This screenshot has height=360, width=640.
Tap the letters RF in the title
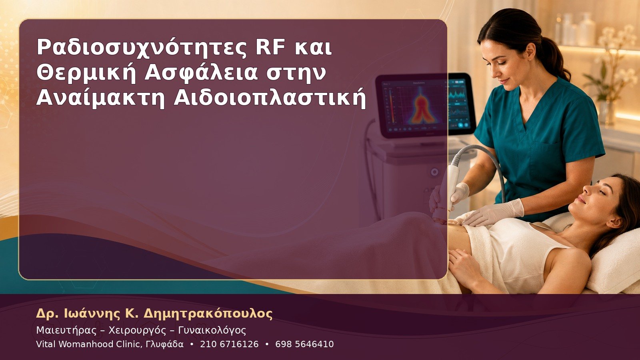(x=270, y=48)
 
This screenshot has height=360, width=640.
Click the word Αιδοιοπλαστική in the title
(x=270, y=98)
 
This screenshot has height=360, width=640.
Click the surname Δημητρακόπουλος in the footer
(x=208, y=314)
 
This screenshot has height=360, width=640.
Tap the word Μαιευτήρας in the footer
(x=66, y=330)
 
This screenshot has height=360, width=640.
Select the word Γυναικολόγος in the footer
(x=212, y=330)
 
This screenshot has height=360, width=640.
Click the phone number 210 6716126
(x=229, y=344)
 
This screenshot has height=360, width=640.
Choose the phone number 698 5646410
(x=304, y=344)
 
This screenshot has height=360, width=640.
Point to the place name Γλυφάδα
(x=164, y=344)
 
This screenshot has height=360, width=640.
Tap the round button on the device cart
(x=434, y=172)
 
